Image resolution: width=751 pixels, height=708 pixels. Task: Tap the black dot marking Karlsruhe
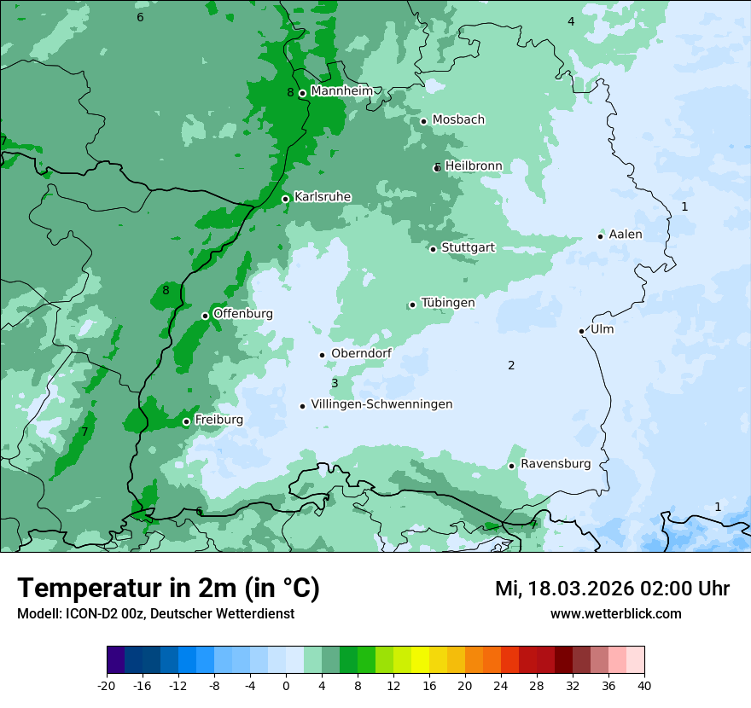(286, 200)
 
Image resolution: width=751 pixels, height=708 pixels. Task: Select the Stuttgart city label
(468, 247)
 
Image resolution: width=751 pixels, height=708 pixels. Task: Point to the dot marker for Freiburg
(186, 421)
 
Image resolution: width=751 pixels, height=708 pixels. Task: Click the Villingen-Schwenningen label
(381, 404)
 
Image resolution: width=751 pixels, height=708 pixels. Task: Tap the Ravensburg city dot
(512, 466)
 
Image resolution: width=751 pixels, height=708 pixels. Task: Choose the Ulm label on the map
(602, 329)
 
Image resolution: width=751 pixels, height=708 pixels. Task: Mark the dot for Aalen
(601, 236)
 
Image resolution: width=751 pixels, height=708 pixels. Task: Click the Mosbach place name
(458, 119)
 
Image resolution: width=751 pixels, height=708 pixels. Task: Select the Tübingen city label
(448, 303)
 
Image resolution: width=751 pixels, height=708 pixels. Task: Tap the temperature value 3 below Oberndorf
(335, 384)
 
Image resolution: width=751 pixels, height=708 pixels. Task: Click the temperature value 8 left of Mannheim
(290, 92)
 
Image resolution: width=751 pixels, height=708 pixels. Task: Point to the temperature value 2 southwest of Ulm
(511, 366)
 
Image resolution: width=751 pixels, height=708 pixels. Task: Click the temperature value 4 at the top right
(571, 21)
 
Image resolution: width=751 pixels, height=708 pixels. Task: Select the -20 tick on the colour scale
(107, 685)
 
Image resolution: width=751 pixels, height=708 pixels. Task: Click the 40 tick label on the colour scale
(644, 685)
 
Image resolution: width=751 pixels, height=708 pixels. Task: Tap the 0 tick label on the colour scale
(286, 685)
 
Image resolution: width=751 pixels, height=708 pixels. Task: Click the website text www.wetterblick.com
(615, 613)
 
